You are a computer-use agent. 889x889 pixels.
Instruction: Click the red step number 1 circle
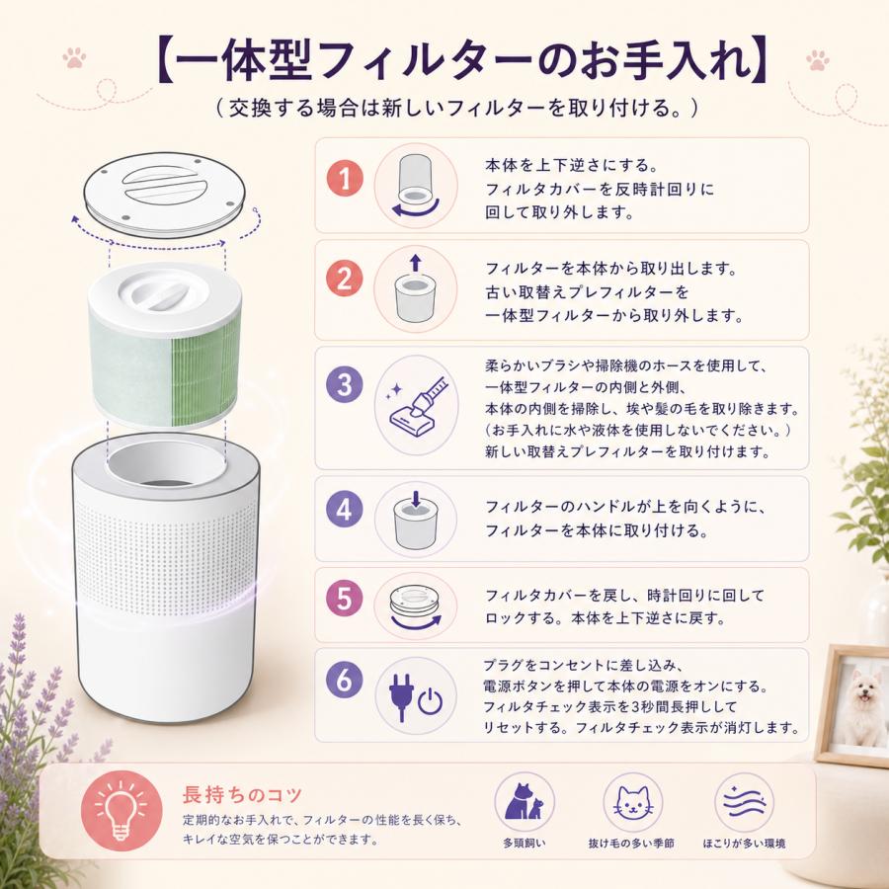coord(344,178)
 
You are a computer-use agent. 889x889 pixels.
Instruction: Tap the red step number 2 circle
coord(344,279)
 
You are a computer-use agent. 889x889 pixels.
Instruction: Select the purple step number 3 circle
coord(344,384)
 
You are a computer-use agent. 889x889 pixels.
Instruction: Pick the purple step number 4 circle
coord(344,509)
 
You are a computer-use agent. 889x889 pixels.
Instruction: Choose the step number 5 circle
coord(344,599)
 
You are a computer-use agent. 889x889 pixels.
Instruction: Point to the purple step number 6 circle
coord(344,679)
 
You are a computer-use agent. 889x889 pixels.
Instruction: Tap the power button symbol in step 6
coord(430,701)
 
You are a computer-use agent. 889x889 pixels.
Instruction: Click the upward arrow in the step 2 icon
coord(416,263)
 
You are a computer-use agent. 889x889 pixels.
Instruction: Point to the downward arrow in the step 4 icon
coord(416,499)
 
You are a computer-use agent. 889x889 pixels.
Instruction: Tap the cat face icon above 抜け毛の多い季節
coord(633,803)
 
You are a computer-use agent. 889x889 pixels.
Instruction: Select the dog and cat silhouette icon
coord(524,801)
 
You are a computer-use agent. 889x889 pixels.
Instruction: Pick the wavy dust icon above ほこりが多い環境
coord(745,802)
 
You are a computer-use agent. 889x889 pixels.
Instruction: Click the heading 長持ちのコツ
coord(242,795)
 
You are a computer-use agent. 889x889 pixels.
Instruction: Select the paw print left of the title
coord(74,58)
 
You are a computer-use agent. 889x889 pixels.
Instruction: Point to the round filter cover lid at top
coord(165,194)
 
